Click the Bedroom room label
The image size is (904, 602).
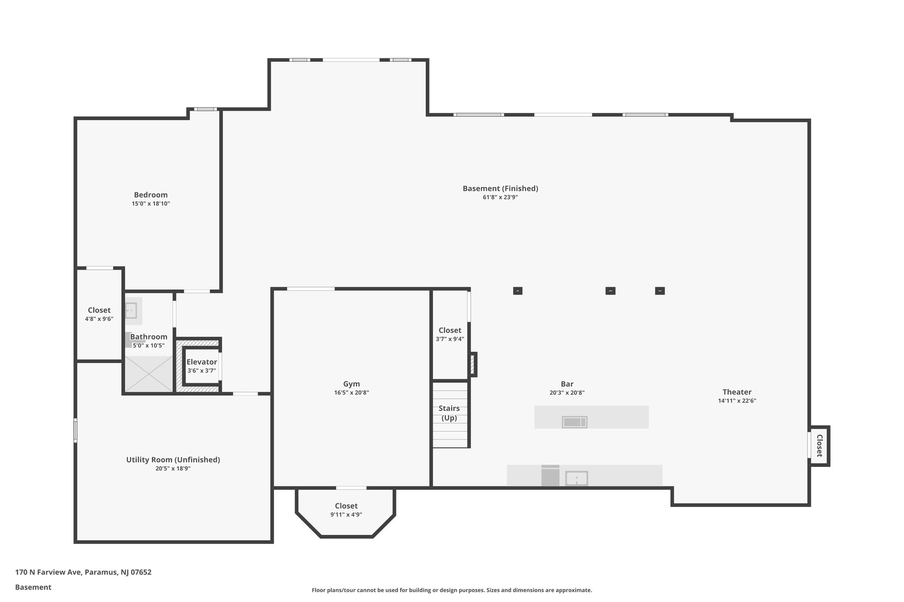coord(151,195)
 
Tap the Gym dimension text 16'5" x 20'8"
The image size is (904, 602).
coord(351,393)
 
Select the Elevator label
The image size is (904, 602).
coord(202,362)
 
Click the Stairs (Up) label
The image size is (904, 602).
coord(449,413)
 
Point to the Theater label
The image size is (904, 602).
coord(737,392)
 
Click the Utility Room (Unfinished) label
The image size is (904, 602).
coord(173,460)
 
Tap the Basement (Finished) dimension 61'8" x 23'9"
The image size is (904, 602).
coord(500,198)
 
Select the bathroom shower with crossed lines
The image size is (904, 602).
coord(149,374)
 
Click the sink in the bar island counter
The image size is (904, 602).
coord(574,422)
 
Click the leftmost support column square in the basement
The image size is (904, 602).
coord(518,291)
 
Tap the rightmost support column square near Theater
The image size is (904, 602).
coord(660,291)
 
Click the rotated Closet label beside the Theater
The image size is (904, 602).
coord(819,445)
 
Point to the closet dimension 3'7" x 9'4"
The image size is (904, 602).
coord(450,339)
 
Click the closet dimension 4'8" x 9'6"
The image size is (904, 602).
coord(99,319)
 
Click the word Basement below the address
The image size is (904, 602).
coord(33,587)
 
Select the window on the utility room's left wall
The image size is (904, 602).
coord(75,430)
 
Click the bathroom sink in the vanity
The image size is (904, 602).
coord(131,310)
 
